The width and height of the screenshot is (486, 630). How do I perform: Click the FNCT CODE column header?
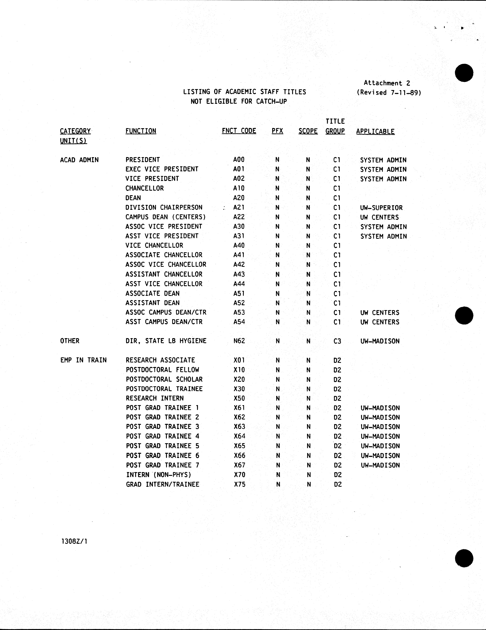[239, 131]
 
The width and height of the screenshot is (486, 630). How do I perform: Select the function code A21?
[239, 207]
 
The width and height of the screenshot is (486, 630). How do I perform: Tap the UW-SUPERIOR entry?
[381, 208]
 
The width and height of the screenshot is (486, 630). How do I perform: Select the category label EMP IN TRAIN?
[83, 360]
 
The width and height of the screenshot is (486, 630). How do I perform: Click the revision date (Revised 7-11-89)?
[389, 93]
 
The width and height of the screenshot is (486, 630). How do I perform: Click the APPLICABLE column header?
[375, 131]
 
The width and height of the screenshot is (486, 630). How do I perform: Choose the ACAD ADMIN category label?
[79, 160]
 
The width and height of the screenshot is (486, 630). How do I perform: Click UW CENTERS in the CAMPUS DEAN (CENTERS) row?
[379, 217]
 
